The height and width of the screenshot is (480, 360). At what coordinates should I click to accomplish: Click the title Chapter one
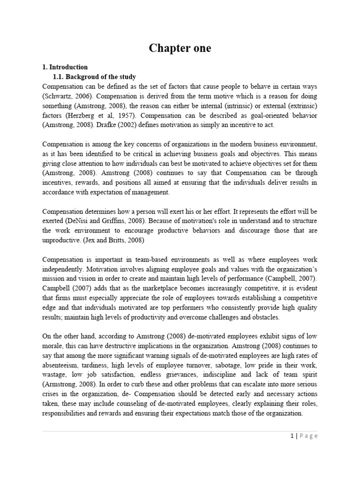tap(180, 48)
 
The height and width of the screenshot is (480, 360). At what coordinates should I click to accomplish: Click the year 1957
tap(123, 116)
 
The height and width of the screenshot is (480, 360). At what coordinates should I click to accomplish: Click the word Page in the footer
tap(308, 436)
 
